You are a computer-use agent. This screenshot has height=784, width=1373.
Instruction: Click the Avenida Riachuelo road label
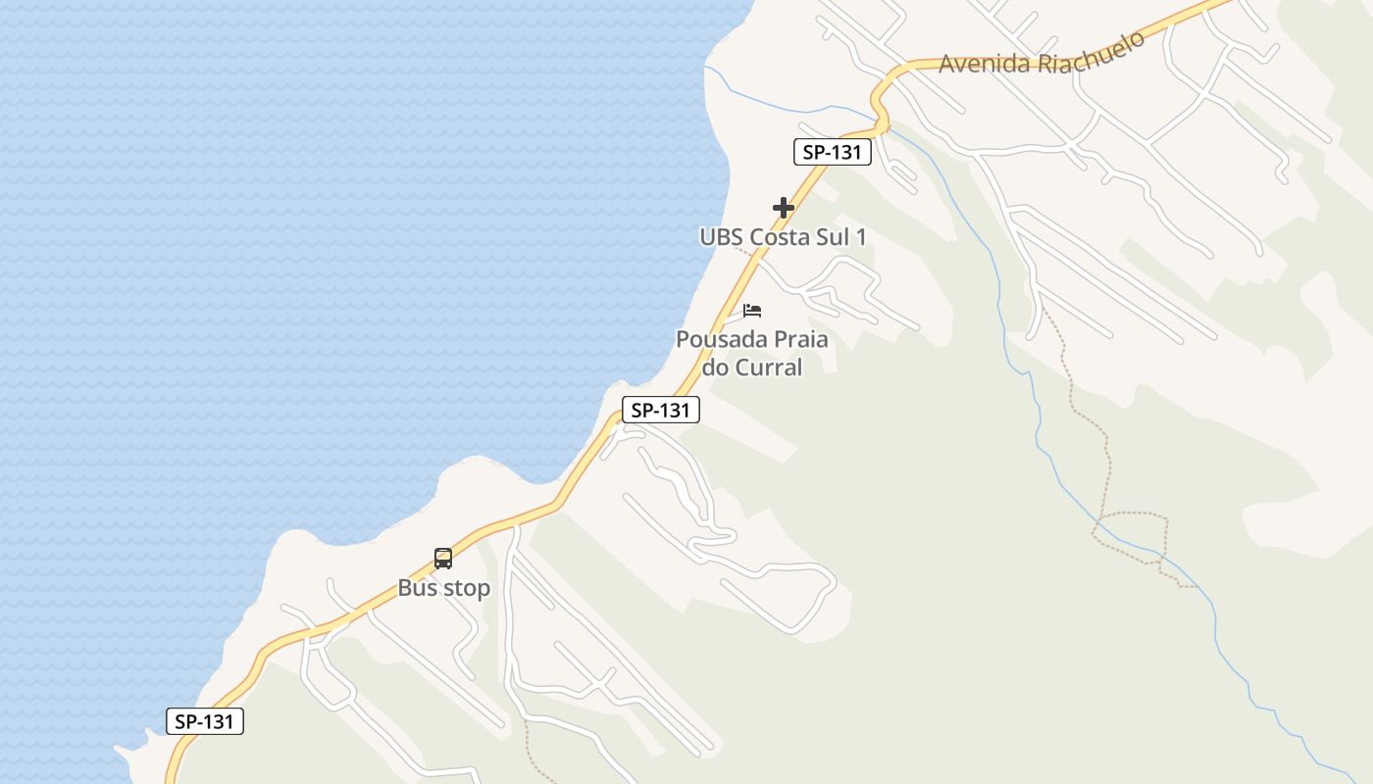1042,53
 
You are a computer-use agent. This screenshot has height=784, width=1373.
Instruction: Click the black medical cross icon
783,208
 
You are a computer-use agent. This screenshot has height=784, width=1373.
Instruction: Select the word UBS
722,237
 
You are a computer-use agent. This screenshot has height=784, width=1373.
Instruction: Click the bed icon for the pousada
752,311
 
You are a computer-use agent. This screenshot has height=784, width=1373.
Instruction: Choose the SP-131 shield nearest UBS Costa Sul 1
832,152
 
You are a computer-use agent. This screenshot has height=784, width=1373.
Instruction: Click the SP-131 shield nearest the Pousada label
660,410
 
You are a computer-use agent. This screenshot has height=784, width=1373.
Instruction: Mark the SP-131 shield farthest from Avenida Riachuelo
204,721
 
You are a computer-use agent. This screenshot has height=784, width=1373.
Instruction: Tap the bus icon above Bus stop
443,559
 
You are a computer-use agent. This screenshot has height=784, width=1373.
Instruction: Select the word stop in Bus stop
466,589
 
